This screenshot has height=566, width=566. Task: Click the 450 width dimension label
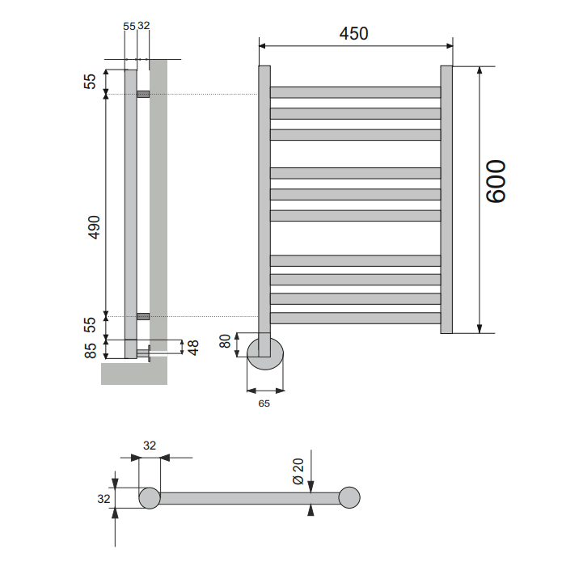click(x=354, y=34)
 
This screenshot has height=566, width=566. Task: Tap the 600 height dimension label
click(x=496, y=182)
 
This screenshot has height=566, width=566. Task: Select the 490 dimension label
click(x=95, y=227)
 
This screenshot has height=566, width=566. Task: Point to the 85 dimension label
click(x=91, y=350)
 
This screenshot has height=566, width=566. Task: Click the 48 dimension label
click(x=193, y=348)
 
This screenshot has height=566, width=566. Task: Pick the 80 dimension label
click(x=225, y=341)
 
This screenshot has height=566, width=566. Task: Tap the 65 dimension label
click(x=264, y=403)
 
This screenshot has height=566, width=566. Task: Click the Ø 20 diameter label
click(x=298, y=471)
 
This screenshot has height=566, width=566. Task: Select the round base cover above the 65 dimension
click(x=265, y=354)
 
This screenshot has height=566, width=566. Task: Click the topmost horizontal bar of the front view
click(x=356, y=92)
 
